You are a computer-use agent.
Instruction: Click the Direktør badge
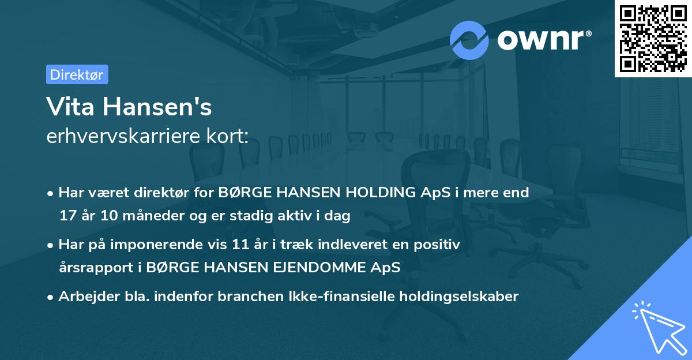tap(77, 74)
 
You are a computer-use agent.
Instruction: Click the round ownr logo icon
tap(469, 40)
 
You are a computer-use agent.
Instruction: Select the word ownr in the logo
tap(543, 40)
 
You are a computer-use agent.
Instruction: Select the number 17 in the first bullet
tap(67, 216)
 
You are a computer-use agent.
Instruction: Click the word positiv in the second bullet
tap(437, 245)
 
